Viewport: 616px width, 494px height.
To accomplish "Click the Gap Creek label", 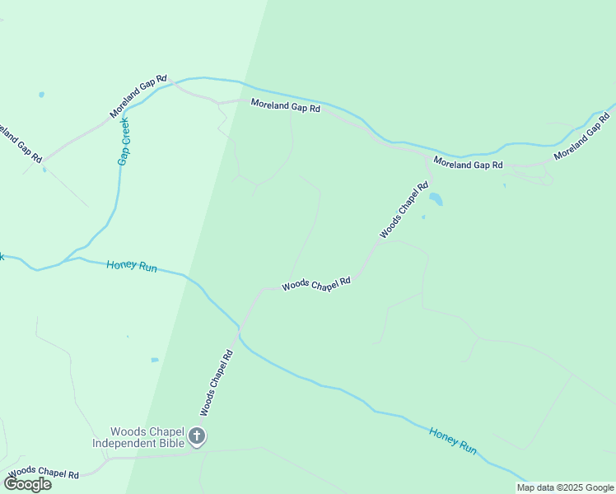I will [124, 141].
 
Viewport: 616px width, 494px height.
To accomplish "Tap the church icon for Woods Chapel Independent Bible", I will [197, 436].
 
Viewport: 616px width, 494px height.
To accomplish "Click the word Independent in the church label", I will [125, 444].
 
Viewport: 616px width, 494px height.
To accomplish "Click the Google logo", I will [28, 484].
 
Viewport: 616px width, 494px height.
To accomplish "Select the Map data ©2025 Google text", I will [565, 487].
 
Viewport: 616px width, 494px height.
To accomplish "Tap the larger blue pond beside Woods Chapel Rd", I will [436, 199].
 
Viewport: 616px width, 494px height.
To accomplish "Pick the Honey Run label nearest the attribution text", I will [452, 441].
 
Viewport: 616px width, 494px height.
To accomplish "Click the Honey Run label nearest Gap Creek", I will [132, 267].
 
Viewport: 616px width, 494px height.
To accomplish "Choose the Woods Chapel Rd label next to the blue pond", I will [404, 211].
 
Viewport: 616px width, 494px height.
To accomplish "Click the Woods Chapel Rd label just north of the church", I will [217, 383].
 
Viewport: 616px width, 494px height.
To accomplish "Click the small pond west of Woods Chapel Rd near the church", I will [155, 360].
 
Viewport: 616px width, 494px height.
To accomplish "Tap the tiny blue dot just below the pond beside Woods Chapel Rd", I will [423, 217].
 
